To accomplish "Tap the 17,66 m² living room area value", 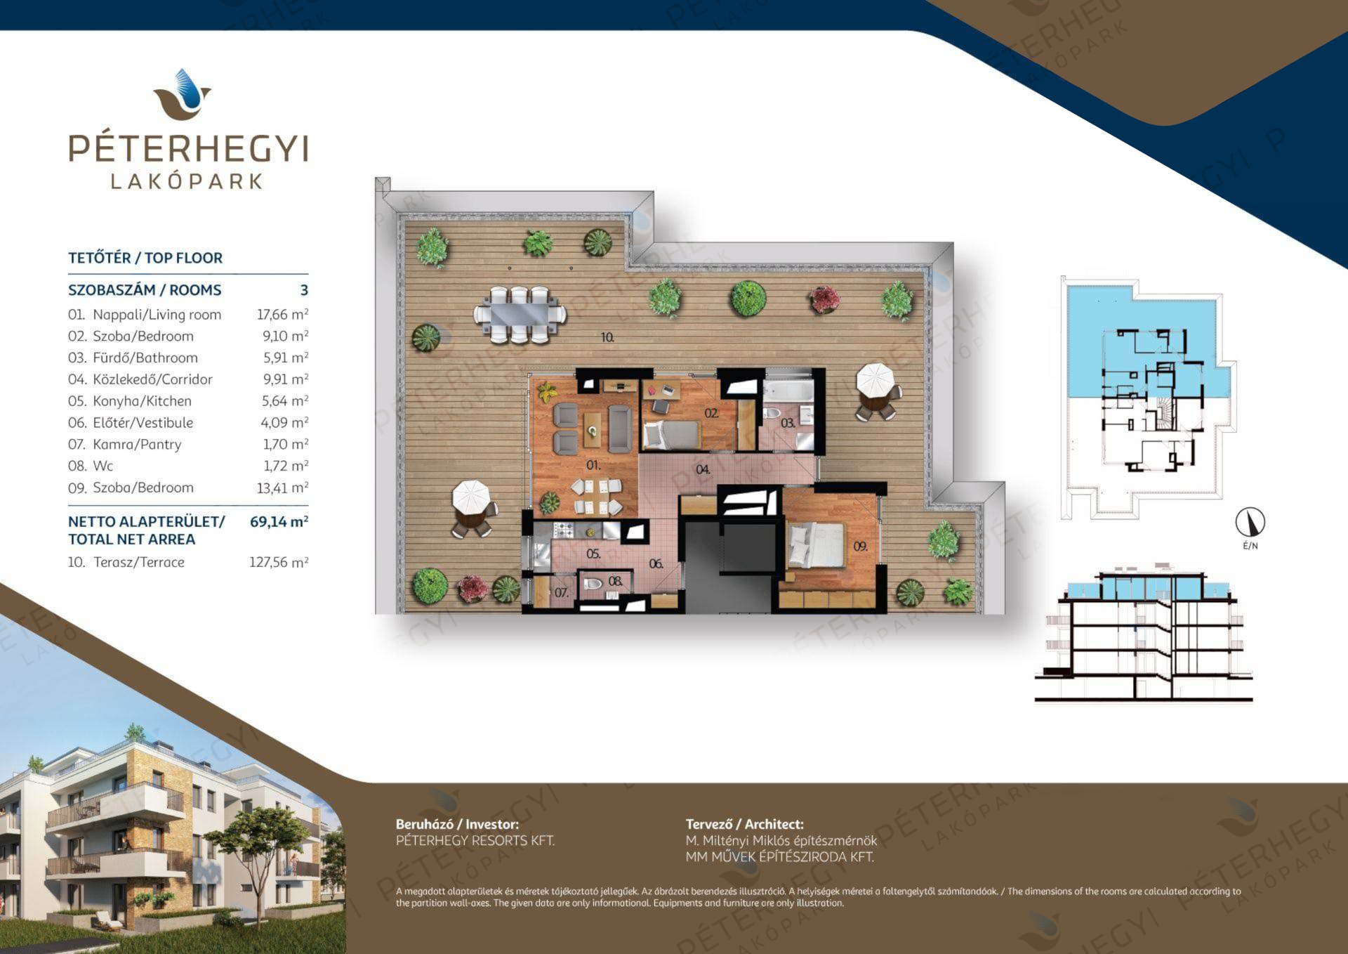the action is click(x=282, y=315).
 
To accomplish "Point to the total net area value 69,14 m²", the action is click(x=279, y=522).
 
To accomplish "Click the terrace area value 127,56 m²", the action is click(x=279, y=562).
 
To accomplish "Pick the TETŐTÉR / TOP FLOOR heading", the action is click(x=145, y=258).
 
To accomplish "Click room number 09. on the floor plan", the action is click(x=861, y=546).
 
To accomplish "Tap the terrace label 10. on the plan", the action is click(x=607, y=337).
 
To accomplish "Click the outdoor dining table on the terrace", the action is click(x=520, y=314).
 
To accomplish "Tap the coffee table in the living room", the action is click(x=593, y=429).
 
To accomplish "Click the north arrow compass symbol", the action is click(x=1250, y=522).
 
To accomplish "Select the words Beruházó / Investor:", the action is click(x=458, y=824).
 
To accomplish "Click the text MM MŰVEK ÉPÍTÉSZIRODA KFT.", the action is click(x=780, y=857).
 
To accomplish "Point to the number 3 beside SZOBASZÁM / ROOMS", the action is click(x=304, y=290).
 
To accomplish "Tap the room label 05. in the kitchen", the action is click(x=593, y=554).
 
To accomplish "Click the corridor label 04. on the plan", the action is click(x=703, y=469).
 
